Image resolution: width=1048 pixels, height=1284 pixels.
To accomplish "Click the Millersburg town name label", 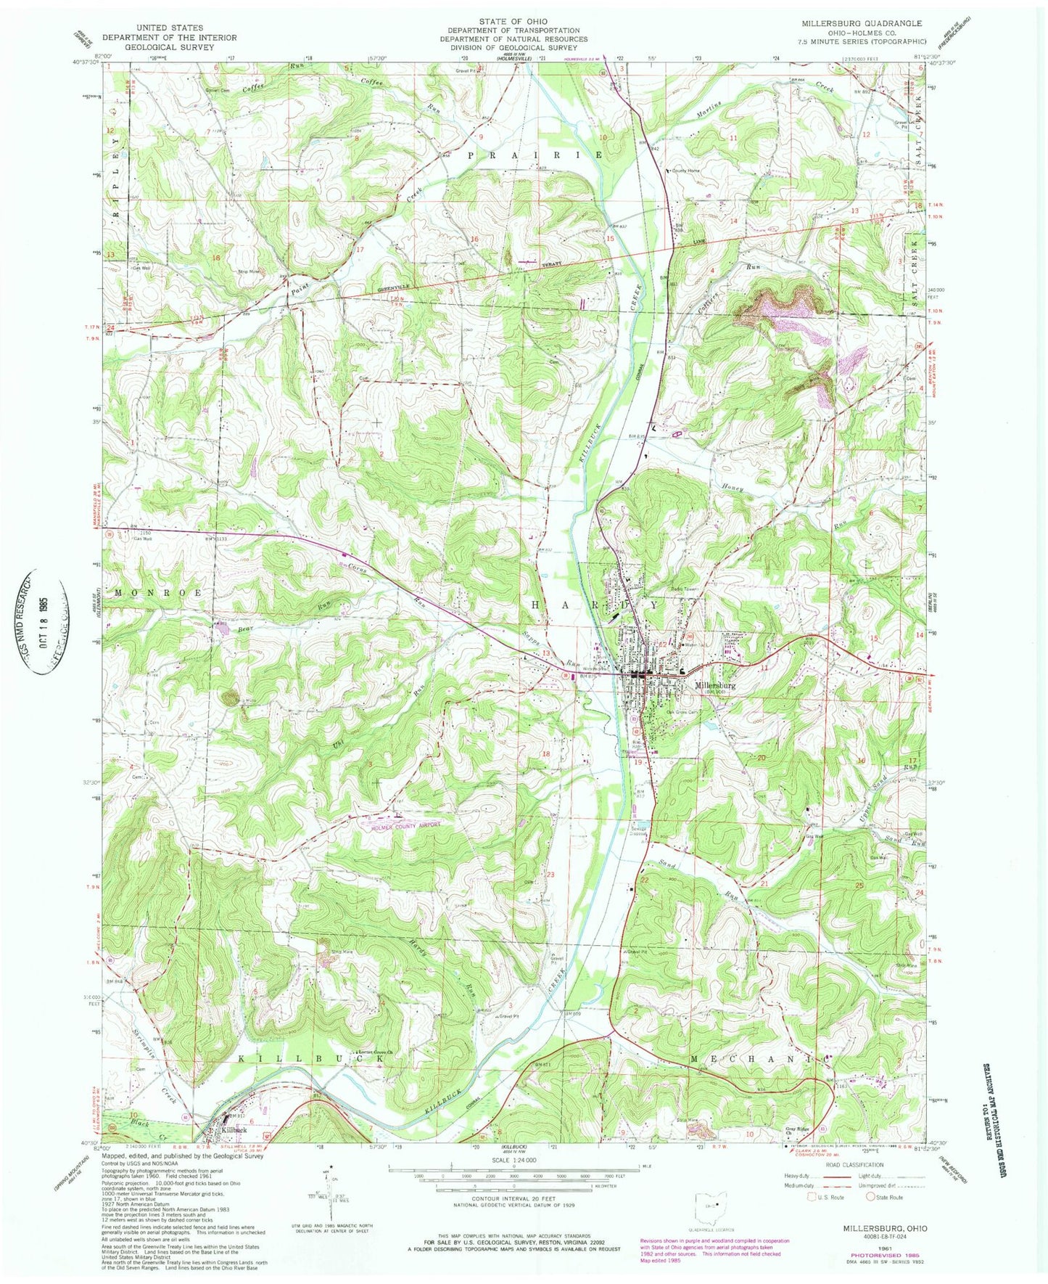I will click(715, 684).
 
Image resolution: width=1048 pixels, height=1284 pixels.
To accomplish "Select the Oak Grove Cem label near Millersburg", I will click(682, 712).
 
